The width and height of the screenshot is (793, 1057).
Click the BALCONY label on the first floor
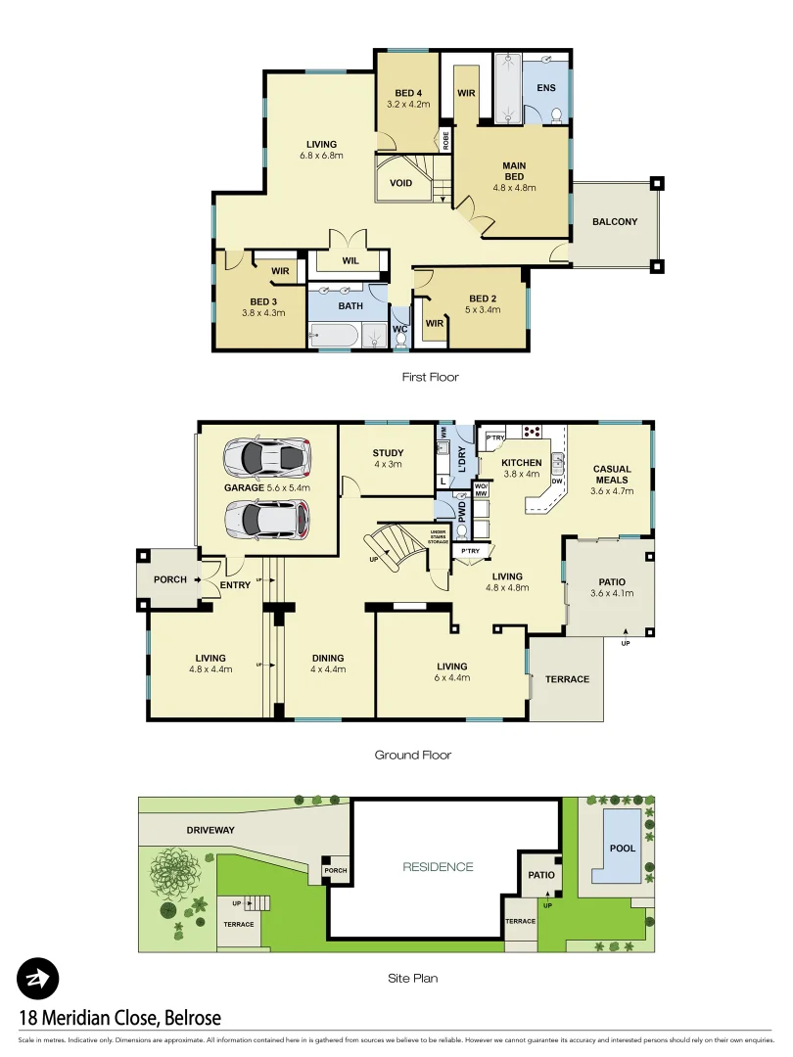pos(614,222)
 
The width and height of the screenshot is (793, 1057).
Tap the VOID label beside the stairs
pos(400,183)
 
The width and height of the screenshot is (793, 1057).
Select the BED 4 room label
pos(408,93)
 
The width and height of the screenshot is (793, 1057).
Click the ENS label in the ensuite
pos(546,88)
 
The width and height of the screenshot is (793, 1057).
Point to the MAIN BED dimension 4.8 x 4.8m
pos(514,188)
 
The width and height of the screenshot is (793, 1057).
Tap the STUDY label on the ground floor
pos(388,453)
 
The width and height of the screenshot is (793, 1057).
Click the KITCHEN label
pos(522,462)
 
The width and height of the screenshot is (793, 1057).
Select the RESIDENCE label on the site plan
pos(438,867)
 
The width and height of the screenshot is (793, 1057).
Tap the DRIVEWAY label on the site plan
pos(210,831)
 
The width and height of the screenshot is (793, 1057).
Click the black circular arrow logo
pos(38,979)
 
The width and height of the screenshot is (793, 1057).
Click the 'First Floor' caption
pos(430,377)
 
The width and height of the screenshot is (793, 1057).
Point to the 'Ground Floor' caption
pos(412,755)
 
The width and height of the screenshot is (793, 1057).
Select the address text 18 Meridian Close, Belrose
pos(119,1018)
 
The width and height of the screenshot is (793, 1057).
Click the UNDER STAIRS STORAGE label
pos(438,536)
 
